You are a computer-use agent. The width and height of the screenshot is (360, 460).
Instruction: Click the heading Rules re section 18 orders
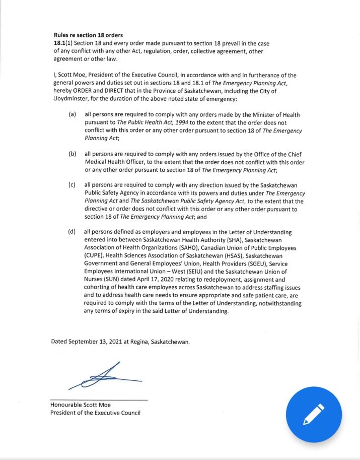(88, 35)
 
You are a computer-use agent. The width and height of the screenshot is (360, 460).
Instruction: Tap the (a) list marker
(73, 114)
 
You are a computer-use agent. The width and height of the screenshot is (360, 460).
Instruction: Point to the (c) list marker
(73, 185)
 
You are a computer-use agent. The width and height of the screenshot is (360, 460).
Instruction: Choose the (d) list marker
(73, 232)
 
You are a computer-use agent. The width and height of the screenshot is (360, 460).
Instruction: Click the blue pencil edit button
(314, 414)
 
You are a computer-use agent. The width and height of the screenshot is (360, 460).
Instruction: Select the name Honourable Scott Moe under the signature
(81, 405)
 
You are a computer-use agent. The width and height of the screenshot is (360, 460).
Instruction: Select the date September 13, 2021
(96, 342)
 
